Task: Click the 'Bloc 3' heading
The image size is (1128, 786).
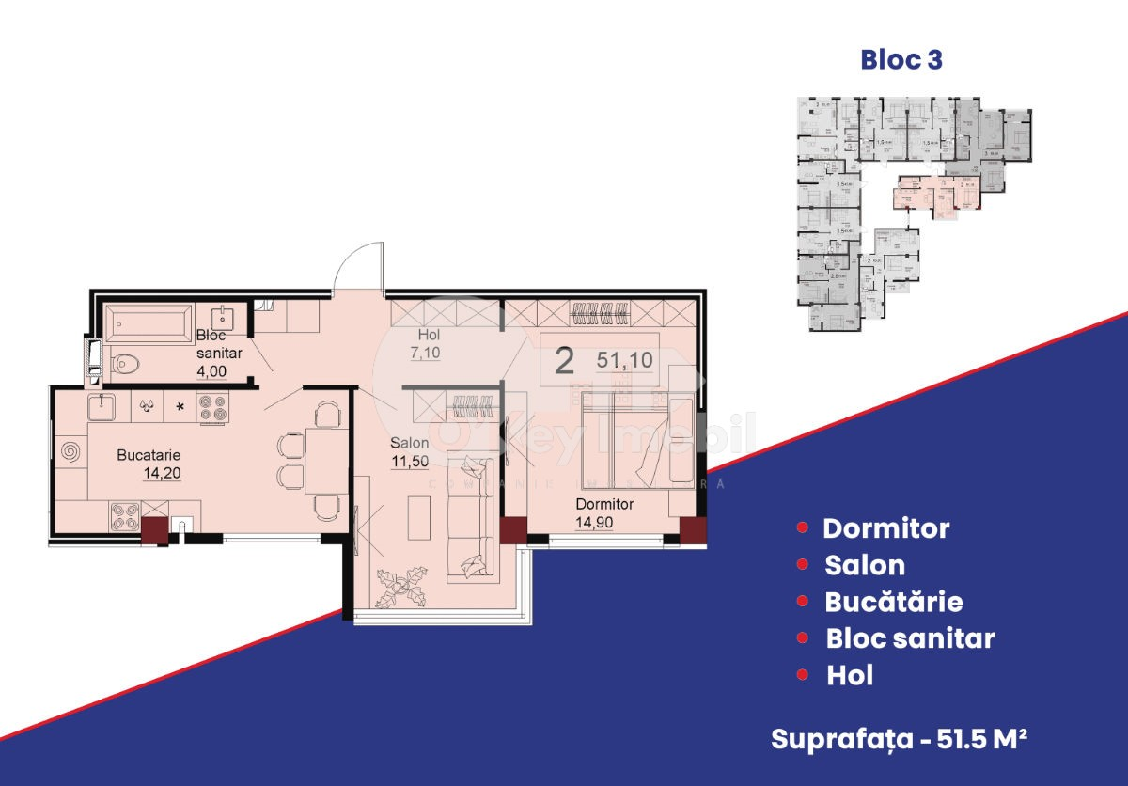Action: click(901, 60)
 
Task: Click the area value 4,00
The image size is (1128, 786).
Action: click(214, 371)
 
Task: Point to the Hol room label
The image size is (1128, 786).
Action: click(430, 335)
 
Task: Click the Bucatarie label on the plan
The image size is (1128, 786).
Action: click(149, 455)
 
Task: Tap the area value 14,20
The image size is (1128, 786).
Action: click(162, 473)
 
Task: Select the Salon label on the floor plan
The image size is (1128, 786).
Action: click(411, 443)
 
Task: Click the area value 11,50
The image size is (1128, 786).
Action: click(410, 461)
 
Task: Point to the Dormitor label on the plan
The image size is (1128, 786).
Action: click(604, 504)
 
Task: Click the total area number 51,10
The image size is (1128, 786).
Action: click(624, 359)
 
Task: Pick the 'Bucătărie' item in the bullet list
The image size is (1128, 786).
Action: click(893, 602)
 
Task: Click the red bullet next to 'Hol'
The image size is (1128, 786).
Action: click(802, 675)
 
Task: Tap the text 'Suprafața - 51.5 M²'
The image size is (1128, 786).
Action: click(898, 739)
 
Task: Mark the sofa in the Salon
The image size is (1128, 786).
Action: click(469, 517)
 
